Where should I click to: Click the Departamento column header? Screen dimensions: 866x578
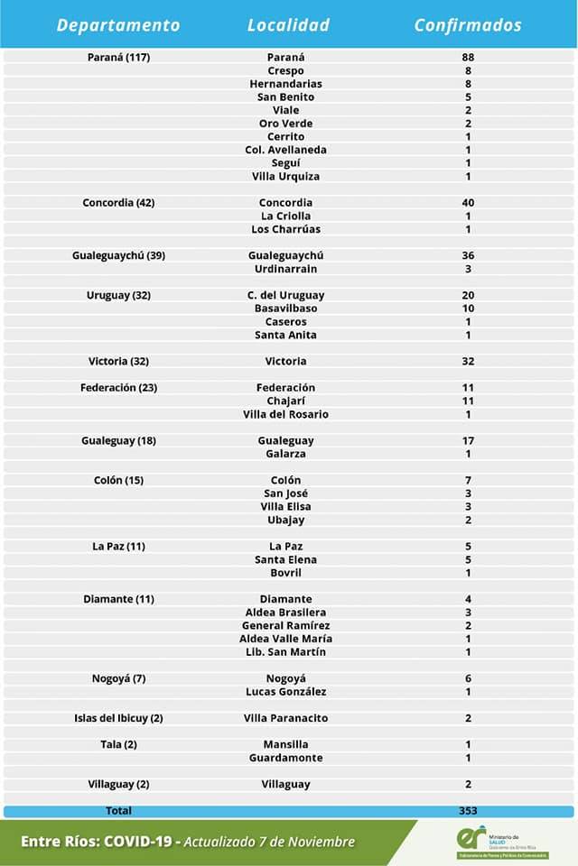[x=118, y=25]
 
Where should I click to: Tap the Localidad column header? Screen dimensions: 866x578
[x=288, y=25]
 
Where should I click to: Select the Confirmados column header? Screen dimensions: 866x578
[x=468, y=25]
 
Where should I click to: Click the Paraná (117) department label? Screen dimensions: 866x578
[x=118, y=58]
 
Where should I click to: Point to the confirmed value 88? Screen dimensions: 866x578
[x=468, y=58]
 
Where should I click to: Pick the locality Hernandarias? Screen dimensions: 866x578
[x=285, y=84]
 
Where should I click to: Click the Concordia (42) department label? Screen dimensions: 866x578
[x=118, y=203]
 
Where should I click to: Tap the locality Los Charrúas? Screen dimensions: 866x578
[x=285, y=229]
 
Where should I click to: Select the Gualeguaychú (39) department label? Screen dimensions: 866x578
[x=118, y=256]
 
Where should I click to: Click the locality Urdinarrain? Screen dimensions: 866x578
[x=285, y=269]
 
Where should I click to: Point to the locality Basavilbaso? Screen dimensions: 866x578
[x=285, y=309]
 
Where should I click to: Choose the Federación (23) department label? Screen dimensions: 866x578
[x=118, y=388]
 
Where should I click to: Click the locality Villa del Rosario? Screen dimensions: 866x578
[x=285, y=415]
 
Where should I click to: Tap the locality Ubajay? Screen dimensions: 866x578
[x=285, y=521]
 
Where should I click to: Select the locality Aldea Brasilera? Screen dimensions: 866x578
[x=285, y=613]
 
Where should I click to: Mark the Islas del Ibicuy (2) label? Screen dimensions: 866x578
[x=118, y=719]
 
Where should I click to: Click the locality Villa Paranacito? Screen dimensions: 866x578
[x=285, y=719]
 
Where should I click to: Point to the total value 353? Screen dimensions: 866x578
[x=468, y=811]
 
